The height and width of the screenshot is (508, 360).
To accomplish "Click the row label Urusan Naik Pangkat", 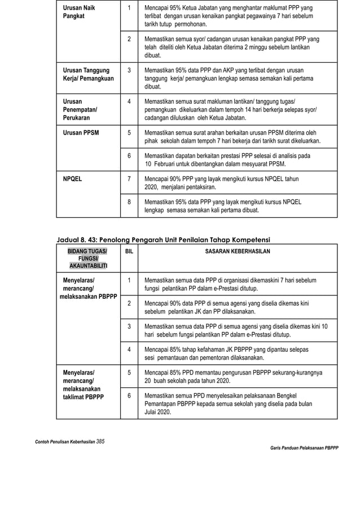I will click(x=78, y=12).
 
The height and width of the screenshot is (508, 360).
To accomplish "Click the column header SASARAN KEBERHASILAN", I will click(x=237, y=251).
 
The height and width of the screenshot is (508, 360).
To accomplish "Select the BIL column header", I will click(x=129, y=251).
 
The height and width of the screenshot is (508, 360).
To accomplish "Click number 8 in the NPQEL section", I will click(x=129, y=201).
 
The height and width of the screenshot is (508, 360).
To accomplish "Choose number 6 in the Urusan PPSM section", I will click(x=129, y=156).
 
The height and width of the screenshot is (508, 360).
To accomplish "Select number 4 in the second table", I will click(x=129, y=349).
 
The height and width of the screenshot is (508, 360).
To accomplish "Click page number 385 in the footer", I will click(x=101, y=441).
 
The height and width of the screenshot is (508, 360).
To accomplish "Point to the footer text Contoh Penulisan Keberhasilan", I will click(x=65, y=441).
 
